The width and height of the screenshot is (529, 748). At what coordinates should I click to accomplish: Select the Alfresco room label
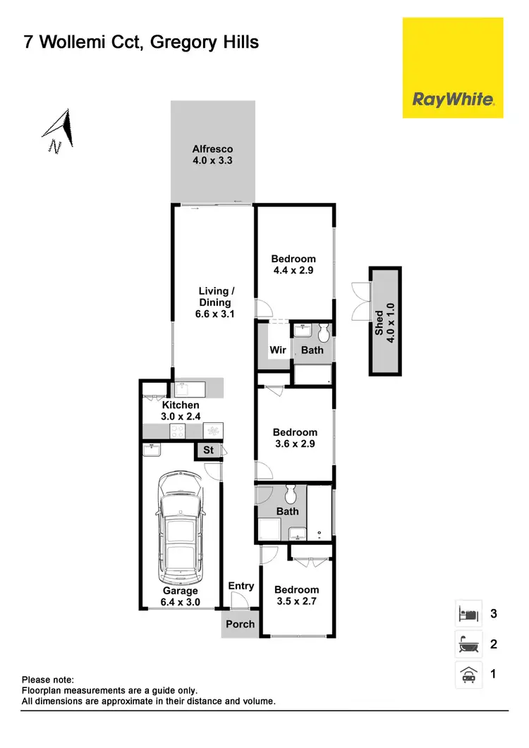[x=212, y=154]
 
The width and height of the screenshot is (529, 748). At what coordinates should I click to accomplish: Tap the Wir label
[x=277, y=350]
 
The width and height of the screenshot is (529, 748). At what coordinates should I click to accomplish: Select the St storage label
[x=208, y=450]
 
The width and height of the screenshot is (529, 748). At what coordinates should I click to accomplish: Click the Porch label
[x=240, y=624]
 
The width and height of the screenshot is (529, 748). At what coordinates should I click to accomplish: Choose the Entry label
[x=241, y=586]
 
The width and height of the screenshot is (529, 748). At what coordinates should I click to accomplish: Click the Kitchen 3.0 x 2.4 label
[x=181, y=410]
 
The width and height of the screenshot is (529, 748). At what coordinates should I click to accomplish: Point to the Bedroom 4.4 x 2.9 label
[x=293, y=264]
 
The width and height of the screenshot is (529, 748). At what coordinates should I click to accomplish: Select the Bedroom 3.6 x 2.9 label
[x=296, y=438]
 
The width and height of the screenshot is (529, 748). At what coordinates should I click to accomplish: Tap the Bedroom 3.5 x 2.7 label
[x=296, y=595]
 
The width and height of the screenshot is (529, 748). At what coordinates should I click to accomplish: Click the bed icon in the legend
[x=468, y=613]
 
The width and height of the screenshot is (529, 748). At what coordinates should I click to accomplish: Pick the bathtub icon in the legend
[x=468, y=644]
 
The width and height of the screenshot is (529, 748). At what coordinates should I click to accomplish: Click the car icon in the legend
[x=468, y=675]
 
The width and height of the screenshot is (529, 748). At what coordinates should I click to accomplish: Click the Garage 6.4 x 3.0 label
[x=180, y=596]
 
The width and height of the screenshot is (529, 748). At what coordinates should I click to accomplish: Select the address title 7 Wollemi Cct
[x=141, y=42]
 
